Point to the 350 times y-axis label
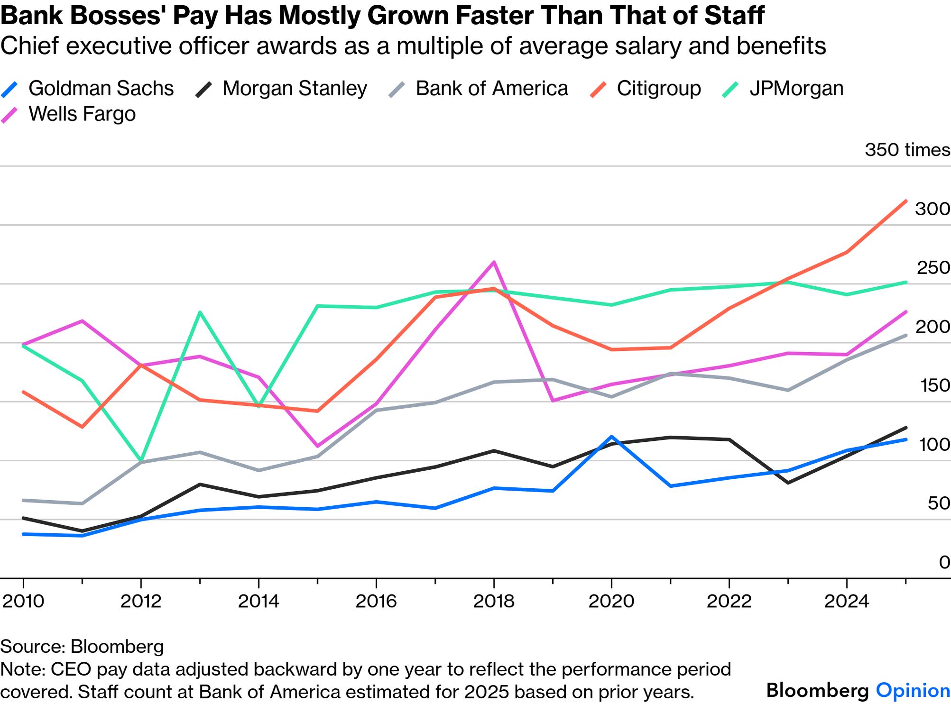pyautogui.click(x=907, y=150)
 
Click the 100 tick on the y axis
pyautogui.click(x=934, y=445)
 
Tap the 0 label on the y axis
pyautogui.click(x=944, y=562)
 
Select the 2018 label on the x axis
pyautogui.click(x=494, y=601)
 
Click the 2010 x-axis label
pyautogui.click(x=23, y=601)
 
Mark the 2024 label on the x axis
pyautogui.click(x=847, y=601)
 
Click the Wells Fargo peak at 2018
pyautogui.click(x=494, y=262)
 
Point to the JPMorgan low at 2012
pyautogui.click(x=141, y=460)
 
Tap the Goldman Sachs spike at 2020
pyautogui.click(x=611, y=437)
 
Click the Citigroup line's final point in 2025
pyautogui.click(x=906, y=201)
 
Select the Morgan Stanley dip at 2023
pyautogui.click(x=788, y=483)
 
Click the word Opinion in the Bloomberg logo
pyautogui.click(x=913, y=690)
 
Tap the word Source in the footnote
pyautogui.click(x=32, y=647)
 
